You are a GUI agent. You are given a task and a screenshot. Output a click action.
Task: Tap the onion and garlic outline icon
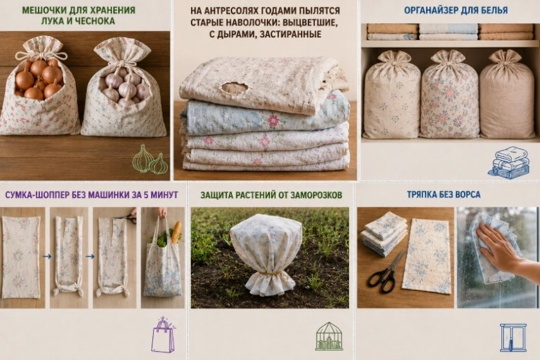[x=150, y=160]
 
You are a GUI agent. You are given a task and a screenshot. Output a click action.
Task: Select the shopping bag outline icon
[x=163, y=334]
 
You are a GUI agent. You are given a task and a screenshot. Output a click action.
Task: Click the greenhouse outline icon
[x=329, y=336]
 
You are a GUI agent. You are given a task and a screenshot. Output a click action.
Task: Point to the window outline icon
[x=513, y=337]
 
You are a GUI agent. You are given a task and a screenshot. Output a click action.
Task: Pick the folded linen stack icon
[x=509, y=163]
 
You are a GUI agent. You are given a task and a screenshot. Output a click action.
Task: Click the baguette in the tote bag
[x=175, y=233]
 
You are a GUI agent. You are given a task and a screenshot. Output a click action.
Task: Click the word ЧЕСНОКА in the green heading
[x=93, y=21]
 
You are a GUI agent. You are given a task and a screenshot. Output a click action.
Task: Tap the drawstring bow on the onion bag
[x=41, y=55]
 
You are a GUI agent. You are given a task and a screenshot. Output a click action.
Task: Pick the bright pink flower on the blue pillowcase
[x=273, y=121]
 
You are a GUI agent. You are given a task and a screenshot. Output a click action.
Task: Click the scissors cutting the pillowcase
[x=127, y=217]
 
